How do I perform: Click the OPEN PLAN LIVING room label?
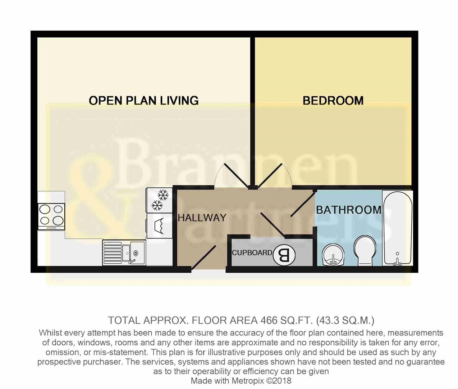(x=143, y=100)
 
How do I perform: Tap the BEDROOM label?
(x=333, y=100)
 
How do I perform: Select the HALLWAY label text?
(x=202, y=218)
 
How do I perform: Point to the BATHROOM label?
(x=349, y=210)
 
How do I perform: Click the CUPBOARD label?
(x=252, y=253)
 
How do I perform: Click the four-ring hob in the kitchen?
(x=51, y=216)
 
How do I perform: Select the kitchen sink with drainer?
(x=124, y=253)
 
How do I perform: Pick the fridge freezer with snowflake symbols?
(x=160, y=200)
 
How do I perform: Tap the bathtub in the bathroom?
(x=398, y=228)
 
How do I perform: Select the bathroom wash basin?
(x=333, y=255)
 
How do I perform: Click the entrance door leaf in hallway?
(x=203, y=258)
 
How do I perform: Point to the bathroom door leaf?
(x=303, y=205)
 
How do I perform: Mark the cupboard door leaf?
(x=273, y=225)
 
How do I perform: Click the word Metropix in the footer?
(x=248, y=381)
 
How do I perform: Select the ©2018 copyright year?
(x=279, y=381)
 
